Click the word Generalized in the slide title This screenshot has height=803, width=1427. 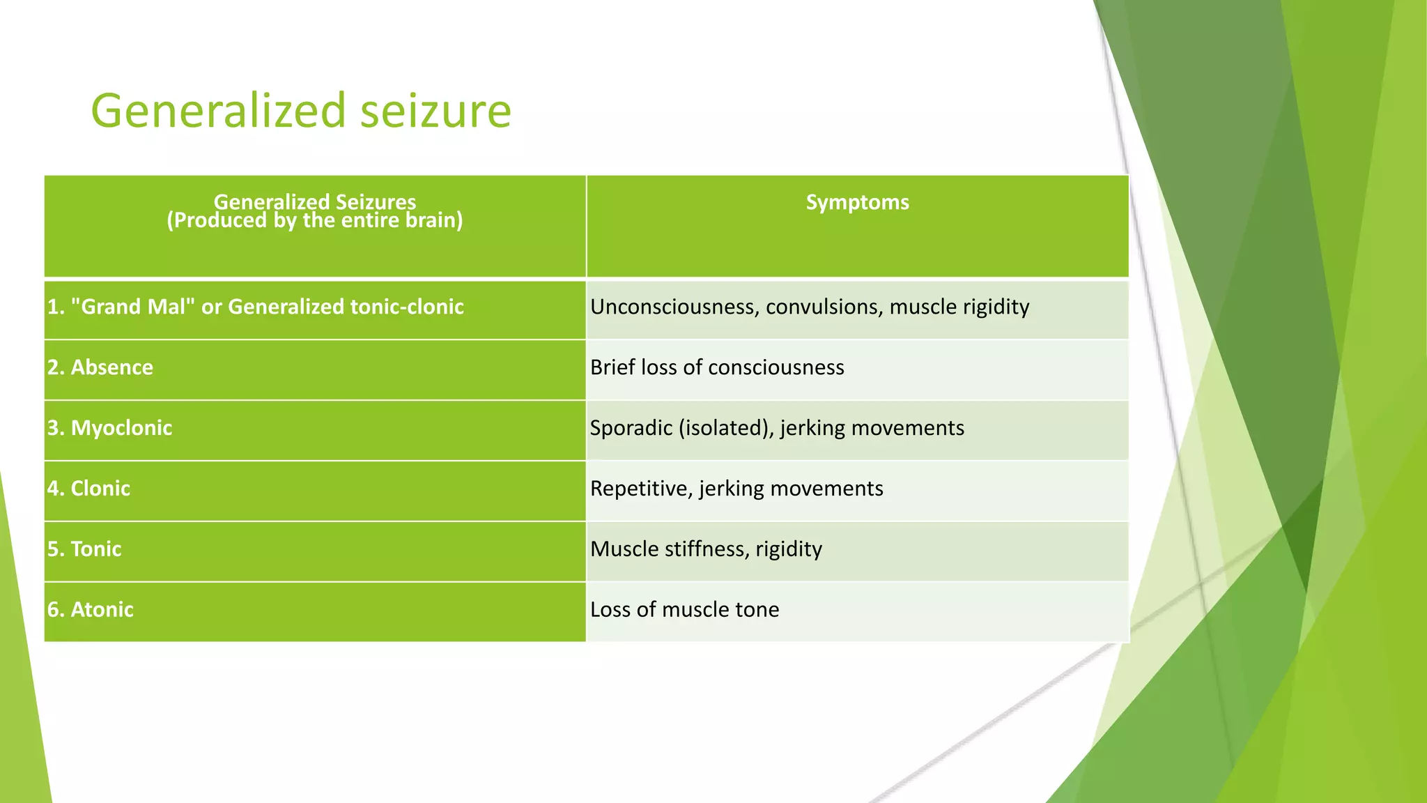point(218,112)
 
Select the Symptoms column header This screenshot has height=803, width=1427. point(857,202)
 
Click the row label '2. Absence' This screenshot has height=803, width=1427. point(100,367)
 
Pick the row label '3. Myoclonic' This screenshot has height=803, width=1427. point(109,428)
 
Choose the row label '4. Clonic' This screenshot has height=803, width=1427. point(88,489)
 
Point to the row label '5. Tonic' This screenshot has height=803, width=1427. point(84,549)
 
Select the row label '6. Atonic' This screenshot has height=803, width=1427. point(90,610)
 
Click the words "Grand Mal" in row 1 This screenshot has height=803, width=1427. point(132,307)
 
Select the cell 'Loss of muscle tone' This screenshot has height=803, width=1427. point(684,610)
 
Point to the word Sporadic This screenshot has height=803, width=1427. point(631,428)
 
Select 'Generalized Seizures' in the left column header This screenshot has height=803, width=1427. point(314,201)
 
